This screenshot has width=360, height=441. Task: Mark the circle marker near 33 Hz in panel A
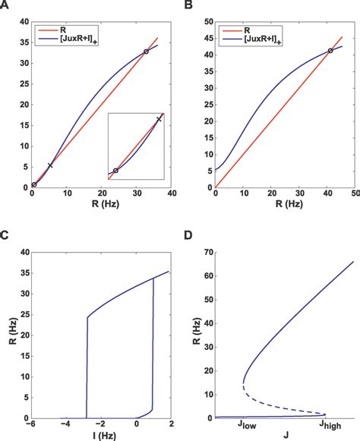pos(146,52)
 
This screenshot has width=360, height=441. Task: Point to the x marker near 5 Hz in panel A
pos(50,165)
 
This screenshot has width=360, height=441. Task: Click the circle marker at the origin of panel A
pos(34,184)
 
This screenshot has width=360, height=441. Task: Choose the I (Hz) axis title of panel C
pos(99,436)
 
